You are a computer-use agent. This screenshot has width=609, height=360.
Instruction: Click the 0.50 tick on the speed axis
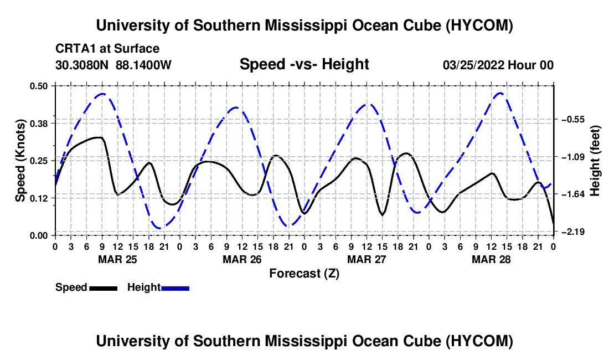click(38, 86)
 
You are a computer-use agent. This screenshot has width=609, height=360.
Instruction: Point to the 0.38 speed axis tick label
click(38, 124)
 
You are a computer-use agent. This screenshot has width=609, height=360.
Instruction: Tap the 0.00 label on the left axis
click(38, 236)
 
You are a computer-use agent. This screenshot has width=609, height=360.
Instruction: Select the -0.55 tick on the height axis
click(573, 119)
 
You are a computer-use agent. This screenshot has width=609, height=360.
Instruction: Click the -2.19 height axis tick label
click(573, 232)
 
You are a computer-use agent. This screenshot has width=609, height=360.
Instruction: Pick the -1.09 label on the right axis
click(573, 157)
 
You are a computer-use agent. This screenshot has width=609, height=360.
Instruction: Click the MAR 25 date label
click(118, 259)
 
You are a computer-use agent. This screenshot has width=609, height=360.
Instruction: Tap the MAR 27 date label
click(367, 259)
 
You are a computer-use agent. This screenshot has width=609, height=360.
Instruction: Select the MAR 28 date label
click(491, 259)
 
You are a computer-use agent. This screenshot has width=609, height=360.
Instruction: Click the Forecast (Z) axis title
click(304, 274)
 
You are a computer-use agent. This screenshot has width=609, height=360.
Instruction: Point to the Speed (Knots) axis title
click(20, 161)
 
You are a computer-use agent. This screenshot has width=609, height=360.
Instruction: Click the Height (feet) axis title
click(595, 161)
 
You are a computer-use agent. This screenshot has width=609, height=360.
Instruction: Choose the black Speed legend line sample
click(104, 288)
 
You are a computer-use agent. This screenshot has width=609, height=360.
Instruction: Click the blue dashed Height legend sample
click(175, 288)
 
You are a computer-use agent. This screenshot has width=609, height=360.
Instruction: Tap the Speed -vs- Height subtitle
click(304, 64)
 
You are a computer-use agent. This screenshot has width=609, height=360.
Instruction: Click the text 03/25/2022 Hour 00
click(498, 65)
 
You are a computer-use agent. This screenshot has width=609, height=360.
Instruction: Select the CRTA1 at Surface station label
click(107, 49)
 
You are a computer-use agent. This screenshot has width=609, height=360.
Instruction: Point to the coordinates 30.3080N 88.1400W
click(113, 65)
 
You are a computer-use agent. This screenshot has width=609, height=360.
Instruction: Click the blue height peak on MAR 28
click(500, 93)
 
